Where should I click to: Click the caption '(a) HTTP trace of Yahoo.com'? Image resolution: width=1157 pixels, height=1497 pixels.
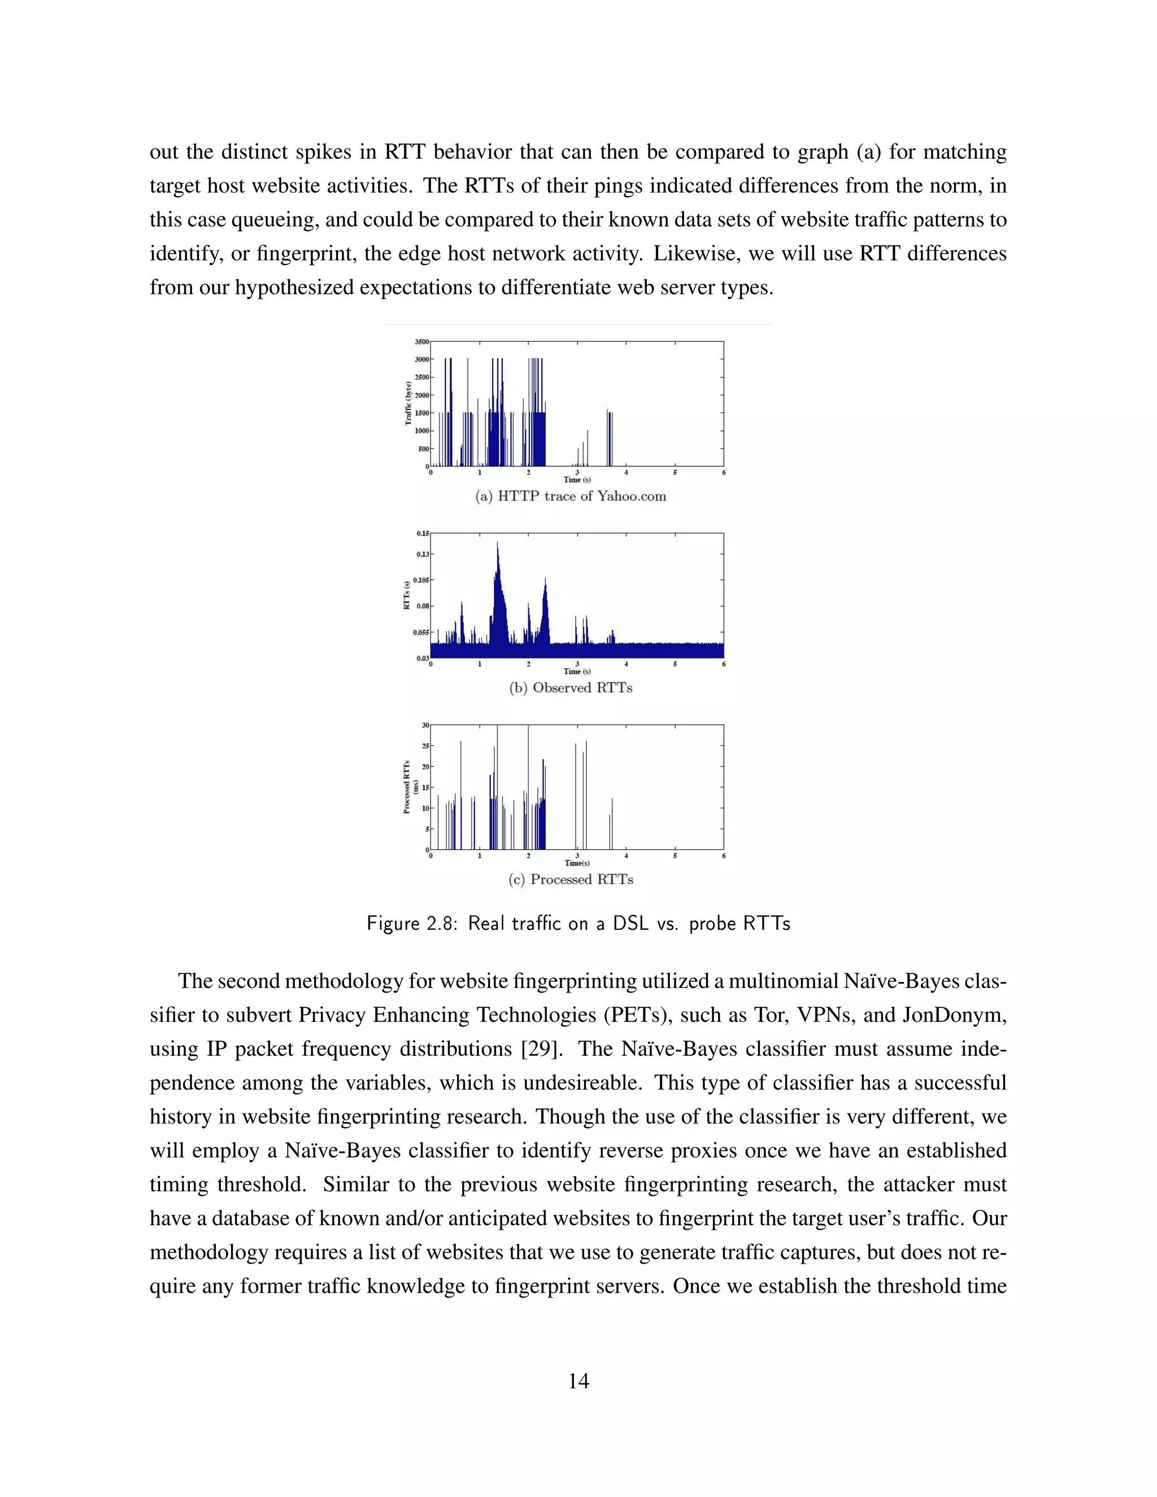570,496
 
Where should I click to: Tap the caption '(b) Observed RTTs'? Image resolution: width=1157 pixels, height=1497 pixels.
570,687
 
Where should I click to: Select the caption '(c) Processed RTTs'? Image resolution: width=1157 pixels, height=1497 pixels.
570,880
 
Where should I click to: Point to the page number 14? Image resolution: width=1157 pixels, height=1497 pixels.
578,1380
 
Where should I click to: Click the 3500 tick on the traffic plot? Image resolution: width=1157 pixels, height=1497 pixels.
421,341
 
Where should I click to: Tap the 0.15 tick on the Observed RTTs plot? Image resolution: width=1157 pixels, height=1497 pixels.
422,533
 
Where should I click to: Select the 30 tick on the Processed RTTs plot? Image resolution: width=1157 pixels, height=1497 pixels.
425,725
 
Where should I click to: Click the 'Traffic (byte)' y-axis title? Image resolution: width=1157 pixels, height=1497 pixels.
408,404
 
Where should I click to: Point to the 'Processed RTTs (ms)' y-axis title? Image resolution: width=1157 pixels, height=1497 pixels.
410,787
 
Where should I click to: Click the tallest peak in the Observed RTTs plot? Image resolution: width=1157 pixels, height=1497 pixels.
497,543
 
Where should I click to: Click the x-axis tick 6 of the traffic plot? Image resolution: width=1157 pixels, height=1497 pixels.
723,472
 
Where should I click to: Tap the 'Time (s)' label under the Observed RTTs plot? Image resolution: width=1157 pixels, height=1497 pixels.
576,671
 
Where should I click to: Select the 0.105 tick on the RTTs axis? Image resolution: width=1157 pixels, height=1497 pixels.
420,580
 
